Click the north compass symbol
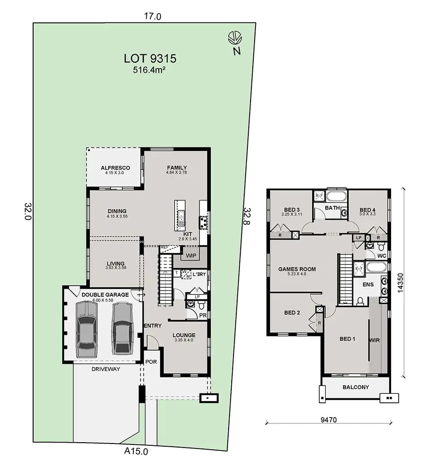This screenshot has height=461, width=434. click(x=234, y=38)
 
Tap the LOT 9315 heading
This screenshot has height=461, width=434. click(x=150, y=59)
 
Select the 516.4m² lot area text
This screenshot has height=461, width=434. click(x=149, y=70)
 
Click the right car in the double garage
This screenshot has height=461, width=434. click(x=122, y=328)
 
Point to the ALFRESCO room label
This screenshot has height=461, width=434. click(x=115, y=168)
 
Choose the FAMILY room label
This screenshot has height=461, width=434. click(x=177, y=168)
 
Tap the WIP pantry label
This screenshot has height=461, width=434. click(x=191, y=256)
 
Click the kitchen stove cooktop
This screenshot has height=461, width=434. click(x=204, y=222)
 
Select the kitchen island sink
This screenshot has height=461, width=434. click(x=181, y=218)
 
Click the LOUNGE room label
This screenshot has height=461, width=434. click(x=184, y=335)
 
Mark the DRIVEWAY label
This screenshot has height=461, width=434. click(x=106, y=369)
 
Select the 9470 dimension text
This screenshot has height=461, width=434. click(x=329, y=420)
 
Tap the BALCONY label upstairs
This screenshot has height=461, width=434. click(x=356, y=387)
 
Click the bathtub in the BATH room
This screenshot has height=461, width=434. click(x=336, y=196)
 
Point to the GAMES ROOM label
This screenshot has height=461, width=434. click(x=297, y=269)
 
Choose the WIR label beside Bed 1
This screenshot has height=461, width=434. click(x=374, y=340)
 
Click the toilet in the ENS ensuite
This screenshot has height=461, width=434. click(x=360, y=301)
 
